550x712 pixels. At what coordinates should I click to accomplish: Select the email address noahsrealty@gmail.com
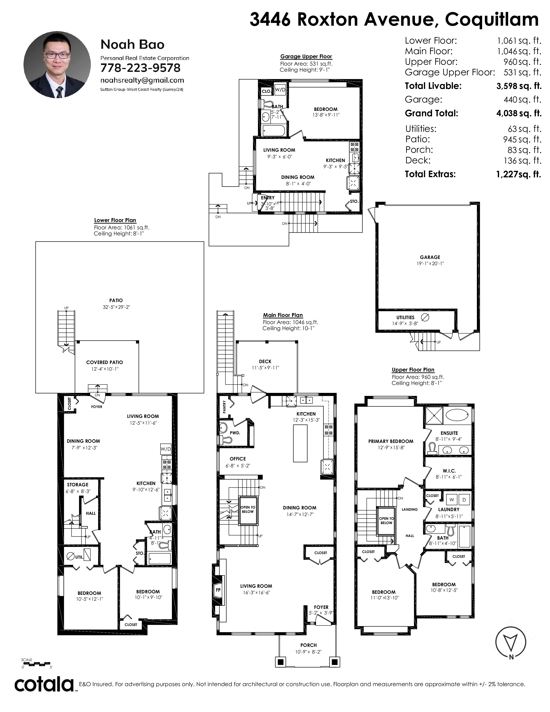point(142,80)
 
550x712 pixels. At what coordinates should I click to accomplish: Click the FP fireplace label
point(218,589)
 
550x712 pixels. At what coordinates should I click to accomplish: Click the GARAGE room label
point(430,257)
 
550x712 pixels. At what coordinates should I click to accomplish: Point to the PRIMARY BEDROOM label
point(391,441)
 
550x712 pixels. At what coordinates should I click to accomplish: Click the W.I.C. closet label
point(449,471)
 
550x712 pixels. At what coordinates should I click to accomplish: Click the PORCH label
point(308,645)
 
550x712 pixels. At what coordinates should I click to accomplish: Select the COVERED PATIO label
point(105,362)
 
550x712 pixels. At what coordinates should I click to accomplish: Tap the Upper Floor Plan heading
point(413,370)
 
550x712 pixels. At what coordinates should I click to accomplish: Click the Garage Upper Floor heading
point(306,56)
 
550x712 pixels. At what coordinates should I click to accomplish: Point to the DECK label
point(265,361)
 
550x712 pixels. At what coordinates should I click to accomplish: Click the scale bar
point(36,664)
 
